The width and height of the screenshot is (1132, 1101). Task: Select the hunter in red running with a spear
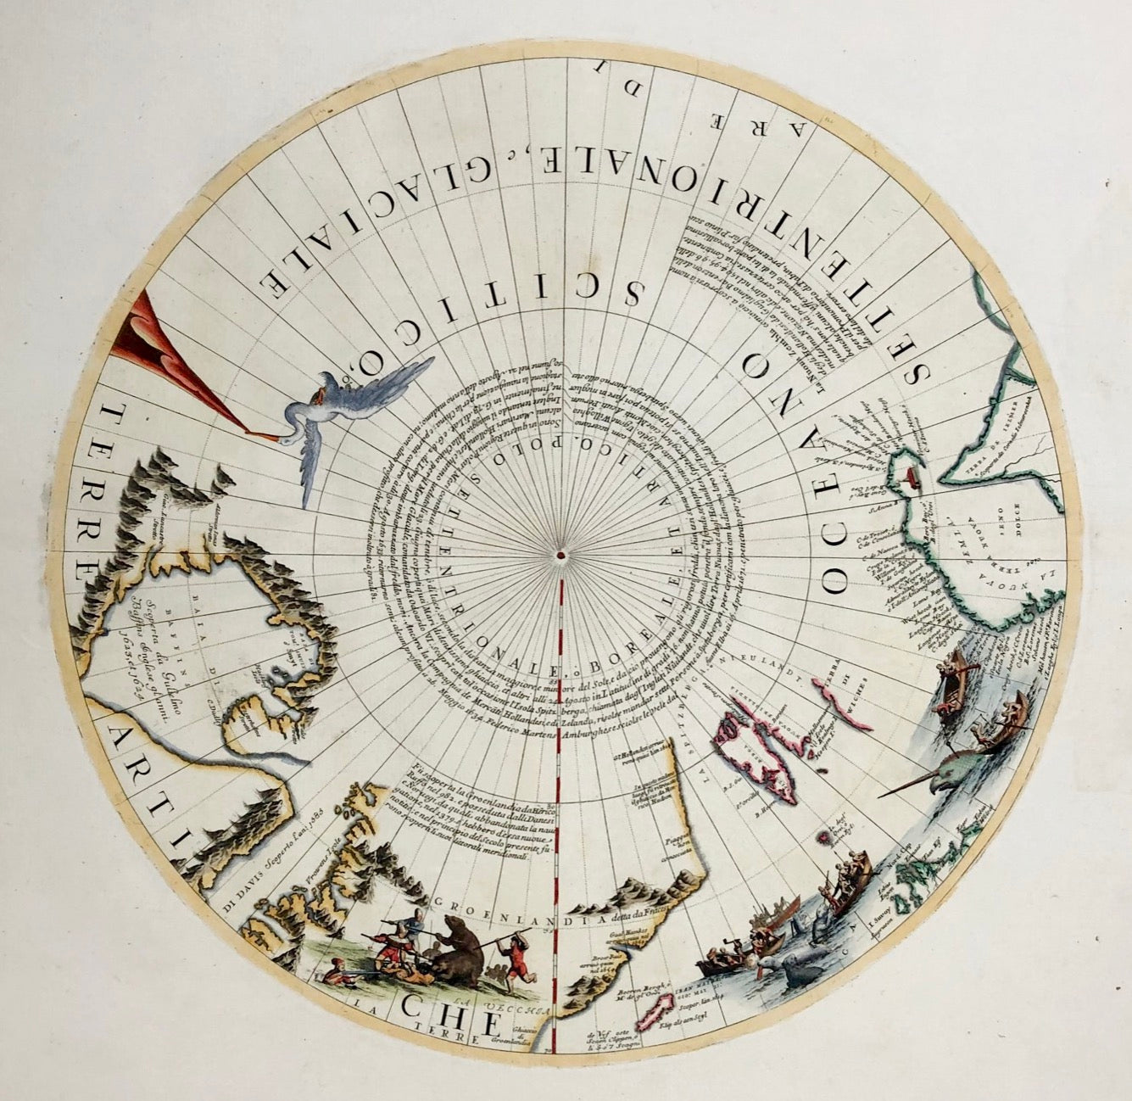pyautogui.click(x=510, y=957)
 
